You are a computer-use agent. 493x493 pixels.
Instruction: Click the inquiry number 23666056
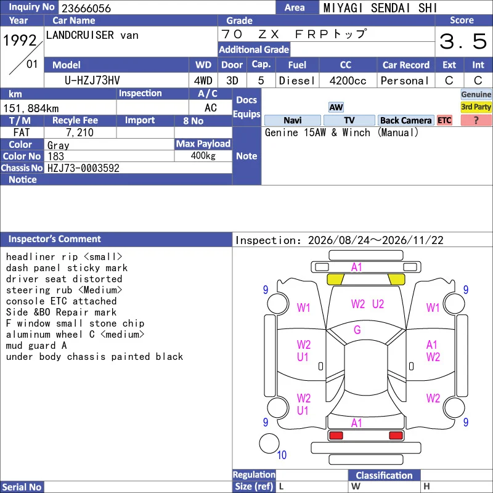click(x=86, y=8)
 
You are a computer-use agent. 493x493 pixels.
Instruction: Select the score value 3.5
click(x=463, y=41)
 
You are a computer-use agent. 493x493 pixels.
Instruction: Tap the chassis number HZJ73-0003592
click(x=83, y=168)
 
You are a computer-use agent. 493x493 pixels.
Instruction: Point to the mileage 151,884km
click(x=31, y=108)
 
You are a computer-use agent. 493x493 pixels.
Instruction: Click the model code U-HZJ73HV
click(x=92, y=81)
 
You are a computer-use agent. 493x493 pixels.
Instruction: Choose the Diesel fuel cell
click(x=297, y=81)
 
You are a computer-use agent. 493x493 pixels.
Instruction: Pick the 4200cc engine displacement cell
click(x=348, y=81)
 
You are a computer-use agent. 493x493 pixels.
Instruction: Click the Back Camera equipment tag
click(x=405, y=120)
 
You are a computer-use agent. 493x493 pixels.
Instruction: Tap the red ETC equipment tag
click(x=444, y=120)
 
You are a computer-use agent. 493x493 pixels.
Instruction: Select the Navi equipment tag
click(x=292, y=120)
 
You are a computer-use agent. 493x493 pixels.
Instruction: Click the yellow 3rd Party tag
click(x=476, y=107)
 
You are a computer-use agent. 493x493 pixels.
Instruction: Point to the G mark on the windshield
click(x=357, y=330)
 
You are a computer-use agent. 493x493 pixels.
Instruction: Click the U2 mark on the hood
click(x=378, y=304)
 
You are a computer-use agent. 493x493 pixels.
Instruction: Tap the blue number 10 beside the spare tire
click(x=282, y=455)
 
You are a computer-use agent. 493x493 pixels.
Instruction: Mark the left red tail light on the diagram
click(x=336, y=436)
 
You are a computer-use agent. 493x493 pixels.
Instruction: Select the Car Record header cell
click(x=405, y=65)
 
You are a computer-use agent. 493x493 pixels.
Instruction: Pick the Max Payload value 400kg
click(x=203, y=156)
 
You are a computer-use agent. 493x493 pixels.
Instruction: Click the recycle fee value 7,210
click(x=80, y=132)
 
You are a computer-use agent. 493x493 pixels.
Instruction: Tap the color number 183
click(x=55, y=157)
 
